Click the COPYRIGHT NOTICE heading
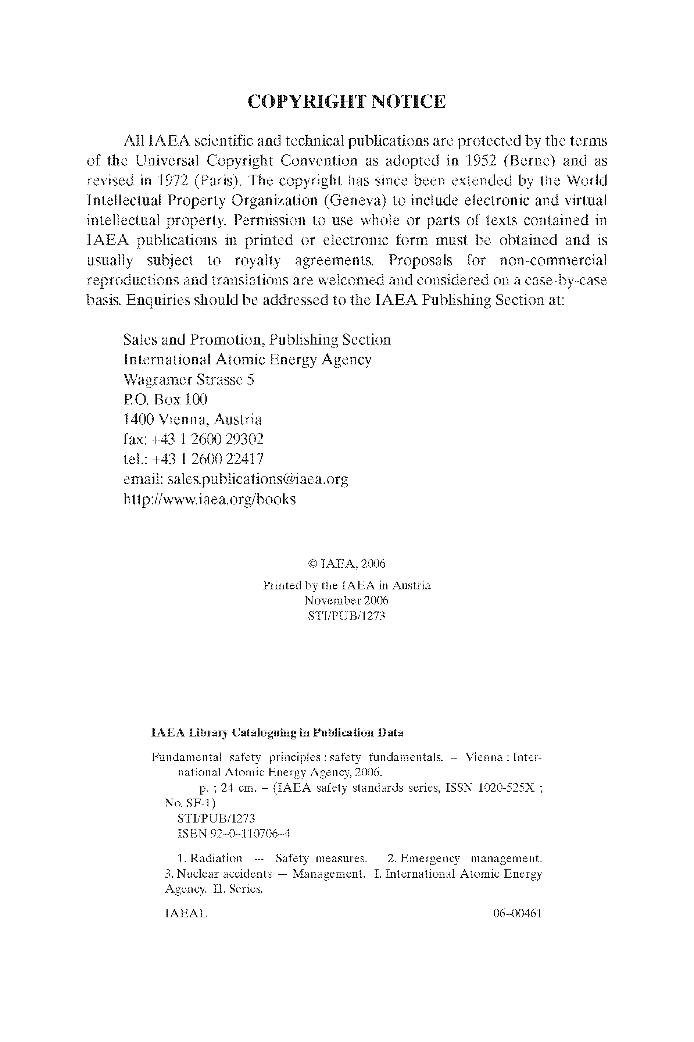[347, 101]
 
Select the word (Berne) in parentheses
[529, 160]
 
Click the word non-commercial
[553, 260]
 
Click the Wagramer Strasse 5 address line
[189, 379]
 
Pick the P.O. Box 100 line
[165, 399]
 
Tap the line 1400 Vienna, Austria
[193, 419]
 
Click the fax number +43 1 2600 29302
[208, 439]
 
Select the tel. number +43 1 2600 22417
[208, 459]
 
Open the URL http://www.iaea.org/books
[210, 499]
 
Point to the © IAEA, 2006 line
[347, 564]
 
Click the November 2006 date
[347, 601]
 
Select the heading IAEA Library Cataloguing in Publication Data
[277, 732]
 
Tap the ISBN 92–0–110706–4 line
[234, 834]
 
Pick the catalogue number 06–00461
[518, 913]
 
